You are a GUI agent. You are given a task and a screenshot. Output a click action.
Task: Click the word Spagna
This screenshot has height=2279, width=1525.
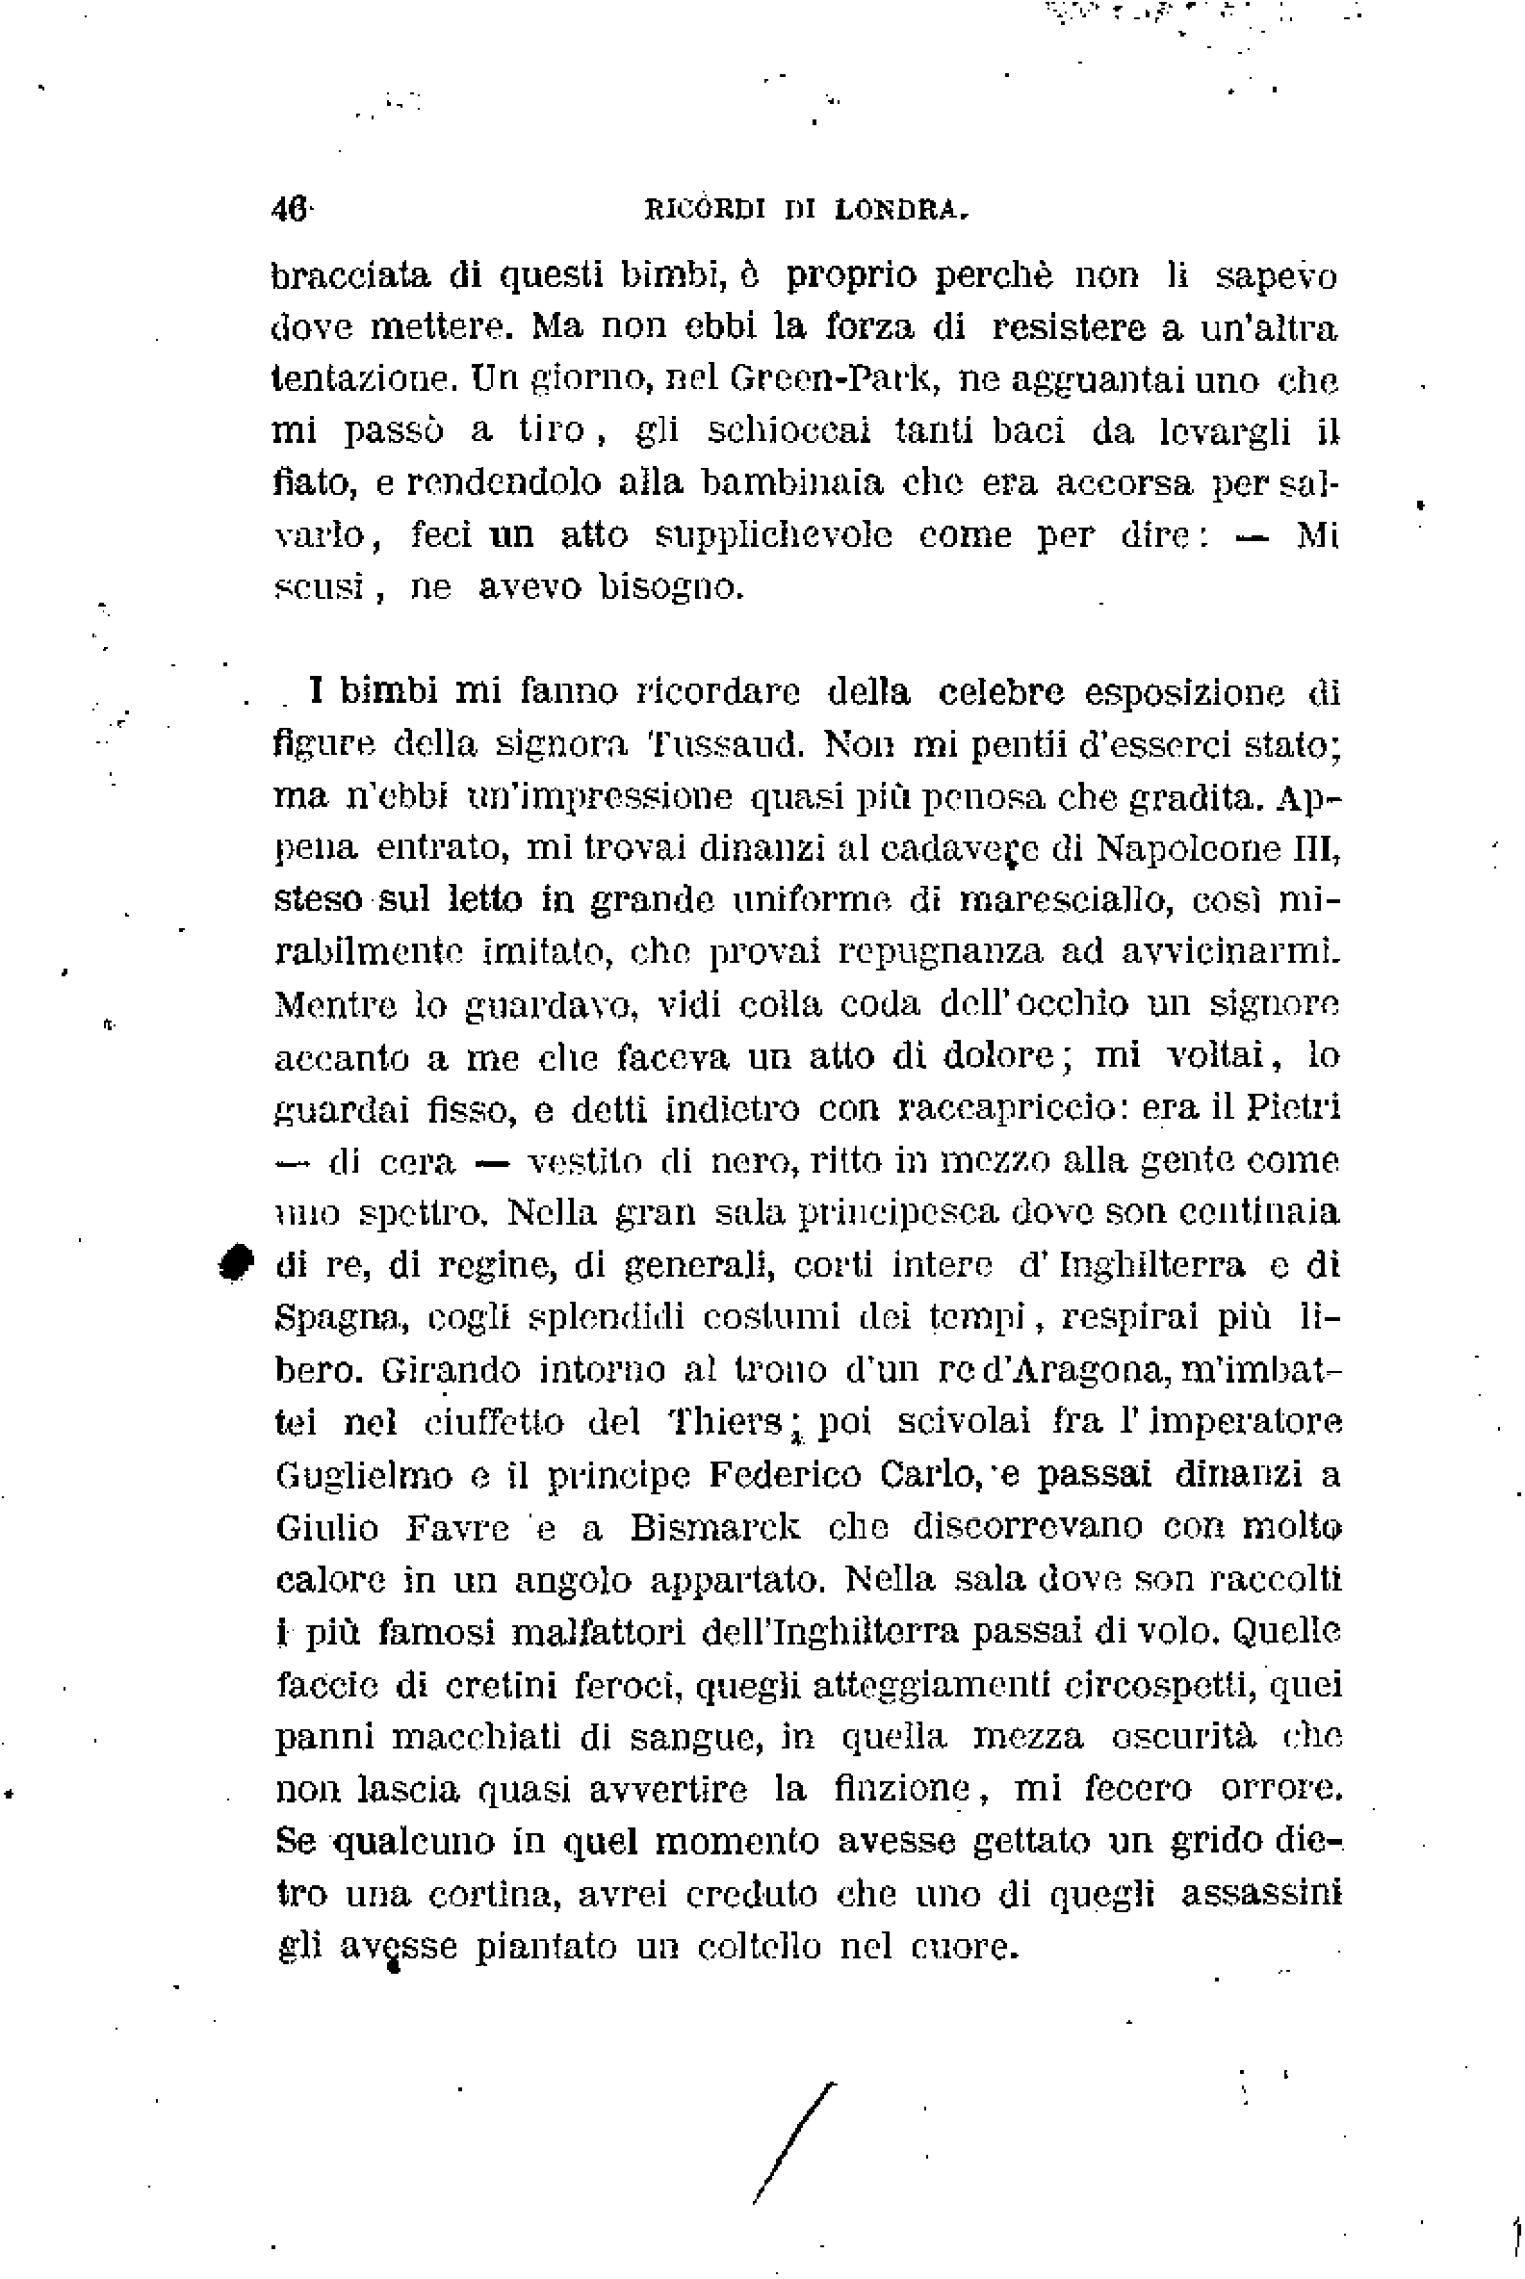[x=337, y=1318]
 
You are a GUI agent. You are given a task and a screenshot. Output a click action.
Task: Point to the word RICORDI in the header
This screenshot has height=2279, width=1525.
[x=705, y=210]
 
